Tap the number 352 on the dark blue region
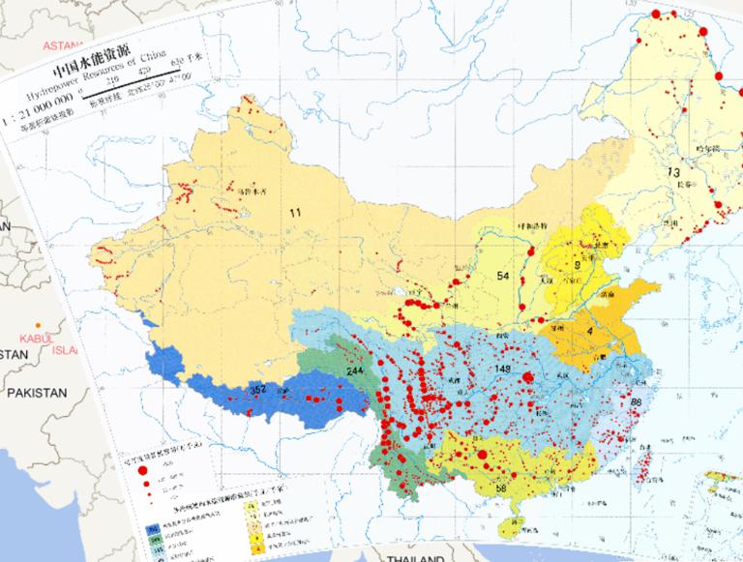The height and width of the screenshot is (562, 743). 258,390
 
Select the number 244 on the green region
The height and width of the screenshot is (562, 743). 355,372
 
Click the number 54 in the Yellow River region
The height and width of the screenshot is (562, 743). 502,277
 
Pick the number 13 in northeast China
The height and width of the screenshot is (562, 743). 672,171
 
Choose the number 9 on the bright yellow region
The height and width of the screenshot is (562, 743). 577,264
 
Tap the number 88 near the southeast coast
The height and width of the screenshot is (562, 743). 636,401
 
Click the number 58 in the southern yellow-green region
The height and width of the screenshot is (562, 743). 500,488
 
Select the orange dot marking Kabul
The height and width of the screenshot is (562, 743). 38,324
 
